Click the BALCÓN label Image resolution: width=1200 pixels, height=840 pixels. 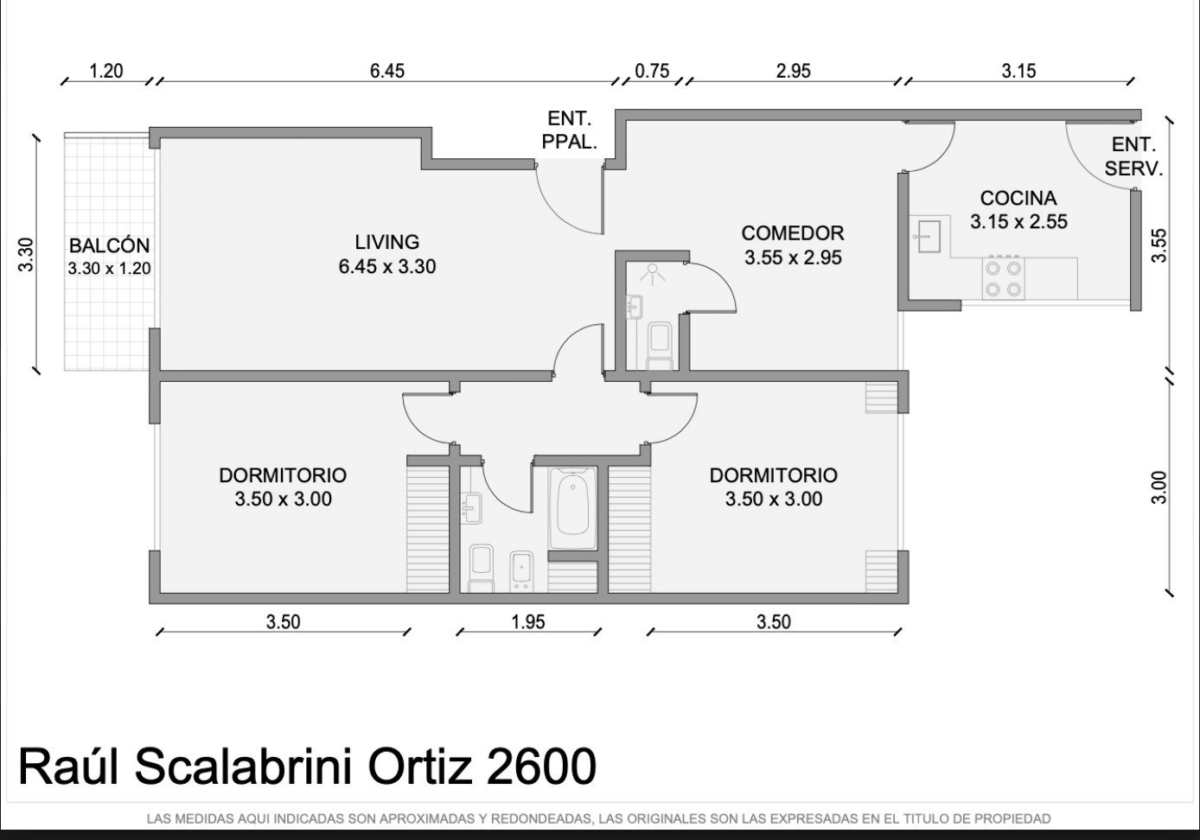click(109, 245)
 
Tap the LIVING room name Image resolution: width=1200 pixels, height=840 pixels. click(386, 242)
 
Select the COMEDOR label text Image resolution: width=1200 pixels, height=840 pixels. click(793, 233)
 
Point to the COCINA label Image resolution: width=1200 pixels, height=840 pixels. click(1018, 198)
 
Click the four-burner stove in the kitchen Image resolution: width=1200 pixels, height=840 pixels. click(1004, 278)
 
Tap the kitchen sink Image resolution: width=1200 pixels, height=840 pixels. click(929, 236)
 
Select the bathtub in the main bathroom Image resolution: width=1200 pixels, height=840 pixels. click(572, 508)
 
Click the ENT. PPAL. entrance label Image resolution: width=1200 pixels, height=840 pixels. click(570, 130)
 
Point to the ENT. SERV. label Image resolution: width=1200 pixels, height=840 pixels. click(1133, 156)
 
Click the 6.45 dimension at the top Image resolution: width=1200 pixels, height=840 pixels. click(387, 71)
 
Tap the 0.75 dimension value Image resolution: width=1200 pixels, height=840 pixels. click(652, 71)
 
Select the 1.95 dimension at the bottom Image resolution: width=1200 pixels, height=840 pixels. click(528, 622)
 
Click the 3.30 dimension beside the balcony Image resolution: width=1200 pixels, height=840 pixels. click(26, 255)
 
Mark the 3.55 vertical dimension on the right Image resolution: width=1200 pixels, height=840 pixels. click(1159, 245)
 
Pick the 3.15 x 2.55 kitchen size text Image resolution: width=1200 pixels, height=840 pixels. click(1019, 221)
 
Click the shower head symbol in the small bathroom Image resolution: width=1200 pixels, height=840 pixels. click(652, 274)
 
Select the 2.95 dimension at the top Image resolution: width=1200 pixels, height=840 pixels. click(794, 71)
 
